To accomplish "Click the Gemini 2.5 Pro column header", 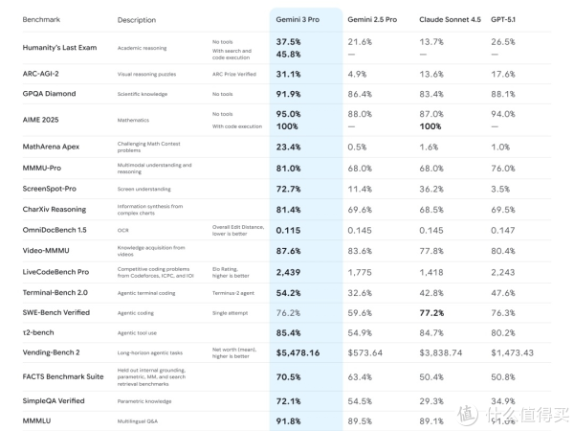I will point(378,18).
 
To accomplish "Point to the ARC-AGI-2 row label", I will point(43,73).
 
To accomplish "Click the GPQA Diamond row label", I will point(49,94).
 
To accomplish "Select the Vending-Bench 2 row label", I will point(52,352).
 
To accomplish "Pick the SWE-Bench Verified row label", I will point(55,311).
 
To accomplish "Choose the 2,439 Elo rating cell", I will point(288,271).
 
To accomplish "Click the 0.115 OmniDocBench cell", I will point(289,230).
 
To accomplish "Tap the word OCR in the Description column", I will point(123,230).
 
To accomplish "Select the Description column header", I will point(136,19).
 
